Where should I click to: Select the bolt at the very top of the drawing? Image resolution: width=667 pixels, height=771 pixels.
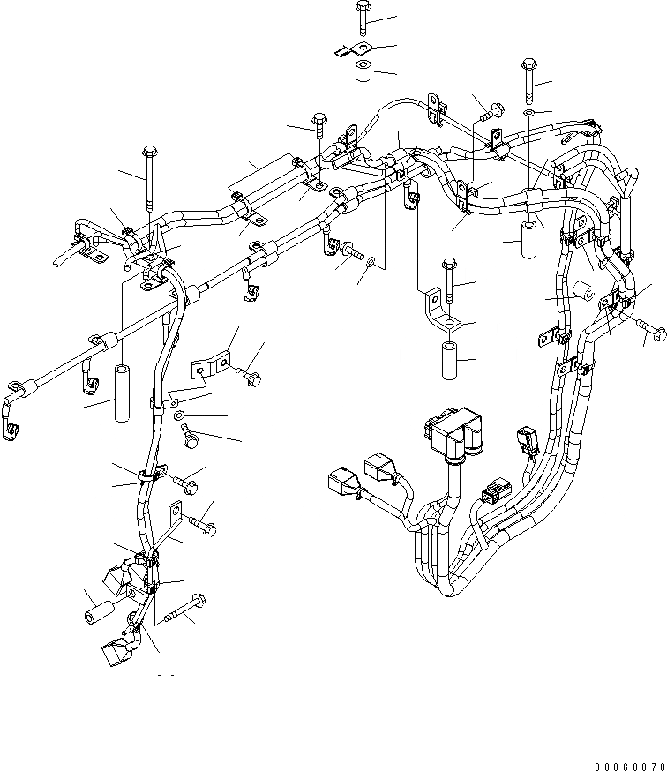363,18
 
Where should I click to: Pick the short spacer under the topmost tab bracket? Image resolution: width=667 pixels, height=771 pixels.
363,73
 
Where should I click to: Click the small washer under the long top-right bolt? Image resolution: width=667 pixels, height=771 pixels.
528,114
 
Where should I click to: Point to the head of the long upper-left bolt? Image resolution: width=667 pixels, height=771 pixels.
150,151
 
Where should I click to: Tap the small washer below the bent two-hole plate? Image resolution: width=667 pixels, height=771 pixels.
179,415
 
